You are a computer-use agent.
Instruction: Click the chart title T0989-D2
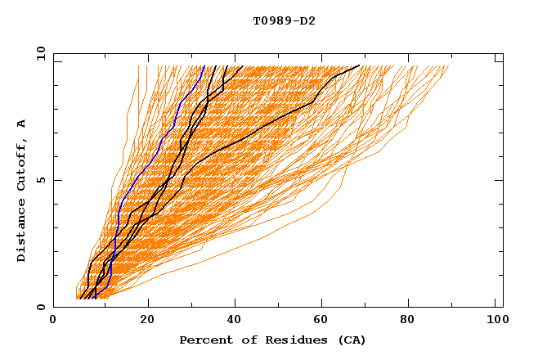(x=284, y=20)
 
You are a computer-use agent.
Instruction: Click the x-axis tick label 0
(x=53, y=321)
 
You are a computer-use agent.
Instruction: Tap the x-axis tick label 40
(x=235, y=321)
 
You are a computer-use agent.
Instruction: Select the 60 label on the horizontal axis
(x=325, y=321)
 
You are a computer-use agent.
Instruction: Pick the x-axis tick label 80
(x=413, y=321)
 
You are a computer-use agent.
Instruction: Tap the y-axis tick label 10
(x=39, y=53)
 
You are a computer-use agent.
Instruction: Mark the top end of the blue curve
(x=204, y=66)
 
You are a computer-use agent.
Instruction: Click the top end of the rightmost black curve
(x=359, y=66)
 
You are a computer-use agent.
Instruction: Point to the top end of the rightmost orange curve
(x=449, y=66)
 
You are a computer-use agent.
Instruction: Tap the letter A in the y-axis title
(x=22, y=124)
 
